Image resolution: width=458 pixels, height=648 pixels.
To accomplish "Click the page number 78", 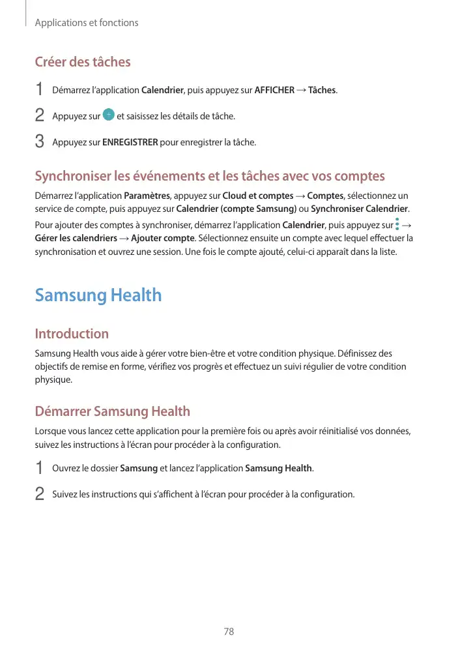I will click(x=229, y=631).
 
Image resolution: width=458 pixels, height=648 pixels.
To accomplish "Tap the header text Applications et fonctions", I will click(x=86, y=23).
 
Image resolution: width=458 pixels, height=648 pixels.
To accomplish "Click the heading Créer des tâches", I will click(x=82, y=62).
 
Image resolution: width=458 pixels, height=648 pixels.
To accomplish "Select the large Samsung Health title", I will click(x=98, y=295).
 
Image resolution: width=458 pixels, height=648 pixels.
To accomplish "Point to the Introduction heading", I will click(x=72, y=334).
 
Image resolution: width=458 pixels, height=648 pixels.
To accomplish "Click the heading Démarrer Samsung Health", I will click(x=112, y=411).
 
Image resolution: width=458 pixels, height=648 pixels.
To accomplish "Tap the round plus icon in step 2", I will click(x=109, y=115).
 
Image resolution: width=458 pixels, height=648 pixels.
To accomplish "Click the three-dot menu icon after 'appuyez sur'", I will click(x=398, y=225).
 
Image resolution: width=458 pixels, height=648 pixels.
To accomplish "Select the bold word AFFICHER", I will click(x=274, y=90).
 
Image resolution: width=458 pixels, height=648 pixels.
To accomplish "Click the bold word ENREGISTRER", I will click(x=130, y=142).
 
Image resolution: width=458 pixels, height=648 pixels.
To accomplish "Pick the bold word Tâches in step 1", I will click(x=322, y=90).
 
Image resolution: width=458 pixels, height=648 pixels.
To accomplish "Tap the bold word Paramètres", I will click(x=146, y=196).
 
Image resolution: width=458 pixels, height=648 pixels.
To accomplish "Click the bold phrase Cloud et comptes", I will click(x=257, y=196).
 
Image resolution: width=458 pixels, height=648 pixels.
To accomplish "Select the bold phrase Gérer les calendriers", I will click(x=73, y=238).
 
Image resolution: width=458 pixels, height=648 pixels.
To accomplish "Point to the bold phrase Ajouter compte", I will click(x=162, y=238).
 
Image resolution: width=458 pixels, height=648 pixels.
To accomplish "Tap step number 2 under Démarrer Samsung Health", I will click(x=39, y=494).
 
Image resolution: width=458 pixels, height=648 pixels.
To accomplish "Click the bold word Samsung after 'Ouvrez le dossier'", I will click(x=139, y=468).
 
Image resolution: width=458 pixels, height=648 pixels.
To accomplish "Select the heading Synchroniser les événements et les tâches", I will click(x=209, y=176).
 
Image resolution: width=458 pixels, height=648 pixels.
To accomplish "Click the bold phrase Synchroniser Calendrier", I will click(x=360, y=209).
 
